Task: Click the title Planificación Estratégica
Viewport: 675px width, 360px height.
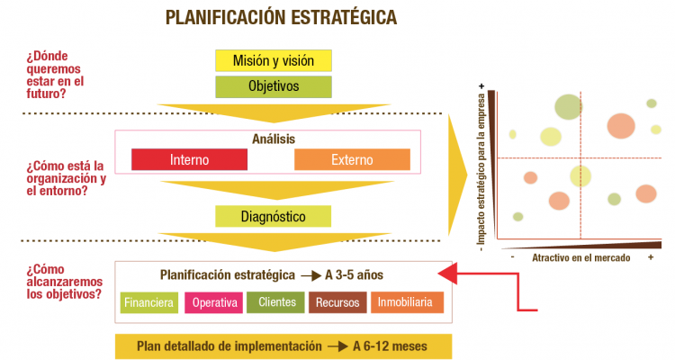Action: pyautogui.click(x=281, y=17)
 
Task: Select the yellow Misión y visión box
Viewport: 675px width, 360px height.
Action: pyautogui.click(x=274, y=61)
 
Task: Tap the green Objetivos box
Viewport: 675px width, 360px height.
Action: pyautogui.click(x=274, y=87)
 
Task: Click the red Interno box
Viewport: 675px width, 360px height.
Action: pyautogui.click(x=189, y=159)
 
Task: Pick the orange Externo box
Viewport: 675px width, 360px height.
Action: pyautogui.click(x=352, y=159)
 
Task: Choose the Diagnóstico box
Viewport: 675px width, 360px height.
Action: pyautogui.click(x=274, y=217)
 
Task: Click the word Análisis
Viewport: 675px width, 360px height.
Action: pyautogui.click(x=274, y=139)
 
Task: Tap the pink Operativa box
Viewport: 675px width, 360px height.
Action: pyautogui.click(x=212, y=302)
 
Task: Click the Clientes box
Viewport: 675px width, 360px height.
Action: pyautogui.click(x=275, y=302)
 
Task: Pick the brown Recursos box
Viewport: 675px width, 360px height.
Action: pyautogui.click(x=337, y=302)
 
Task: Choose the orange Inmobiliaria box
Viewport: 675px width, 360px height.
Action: pyautogui.click(x=407, y=302)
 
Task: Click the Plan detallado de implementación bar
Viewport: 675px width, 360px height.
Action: pyautogui.click(x=283, y=346)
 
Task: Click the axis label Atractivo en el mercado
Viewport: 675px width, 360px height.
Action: pyautogui.click(x=580, y=257)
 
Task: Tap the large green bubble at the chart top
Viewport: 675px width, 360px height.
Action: pyautogui.click(x=568, y=106)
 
